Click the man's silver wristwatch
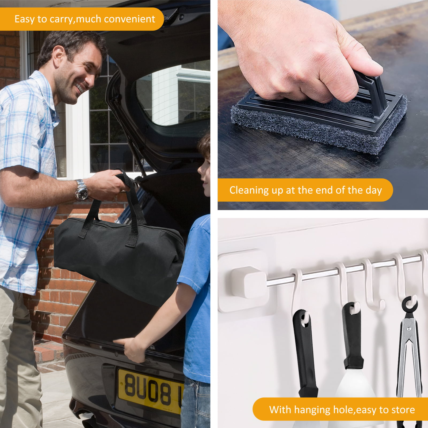tap(81, 190)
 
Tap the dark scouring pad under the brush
tap(318, 126)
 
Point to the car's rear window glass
tap(174, 94)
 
